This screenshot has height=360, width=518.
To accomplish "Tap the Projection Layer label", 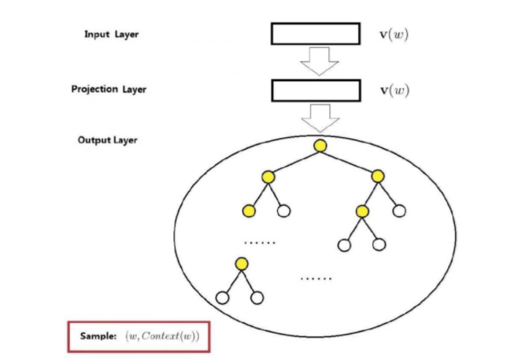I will (x=109, y=89).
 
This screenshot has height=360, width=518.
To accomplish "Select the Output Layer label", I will (x=108, y=140).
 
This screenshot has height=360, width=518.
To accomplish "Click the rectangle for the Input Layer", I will (x=316, y=35).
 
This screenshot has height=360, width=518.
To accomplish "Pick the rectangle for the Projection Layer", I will (x=316, y=90).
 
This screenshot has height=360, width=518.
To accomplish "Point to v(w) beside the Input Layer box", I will (x=394, y=35).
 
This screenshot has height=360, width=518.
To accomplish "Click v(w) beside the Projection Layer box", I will (x=394, y=90).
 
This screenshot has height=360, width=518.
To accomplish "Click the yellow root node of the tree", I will (x=320, y=146).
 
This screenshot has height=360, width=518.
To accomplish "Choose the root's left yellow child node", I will (x=268, y=176).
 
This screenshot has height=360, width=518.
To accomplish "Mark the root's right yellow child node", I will (x=377, y=176).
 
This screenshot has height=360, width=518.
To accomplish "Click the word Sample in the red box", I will (x=98, y=336).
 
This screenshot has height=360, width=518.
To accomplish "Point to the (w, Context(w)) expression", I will (x=163, y=336).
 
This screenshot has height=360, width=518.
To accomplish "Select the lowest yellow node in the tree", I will (x=242, y=263).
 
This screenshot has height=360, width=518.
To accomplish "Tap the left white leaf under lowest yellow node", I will (x=222, y=298).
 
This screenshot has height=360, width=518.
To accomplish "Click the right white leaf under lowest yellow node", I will (x=257, y=298).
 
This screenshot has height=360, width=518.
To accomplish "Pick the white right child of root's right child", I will (x=399, y=210).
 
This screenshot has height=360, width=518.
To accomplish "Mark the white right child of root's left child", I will (x=284, y=210).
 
